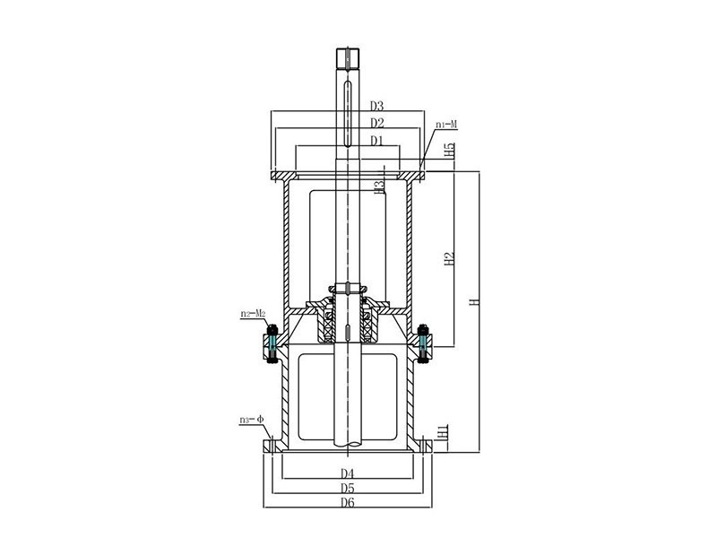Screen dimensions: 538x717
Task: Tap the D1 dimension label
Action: click(x=376, y=141)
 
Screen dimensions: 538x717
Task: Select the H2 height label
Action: click(x=451, y=257)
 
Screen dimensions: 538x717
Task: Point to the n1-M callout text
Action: click(x=446, y=124)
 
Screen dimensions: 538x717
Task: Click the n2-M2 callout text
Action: click(x=253, y=314)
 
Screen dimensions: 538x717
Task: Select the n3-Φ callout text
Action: click(x=251, y=420)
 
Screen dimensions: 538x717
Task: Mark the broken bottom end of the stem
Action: click(x=348, y=442)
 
